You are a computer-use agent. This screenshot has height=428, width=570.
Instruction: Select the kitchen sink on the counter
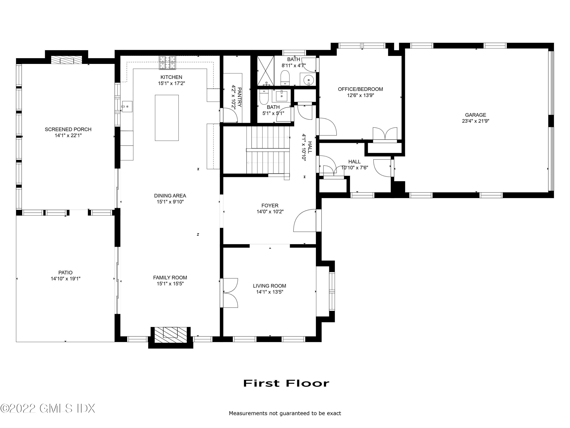click(x=127, y=107)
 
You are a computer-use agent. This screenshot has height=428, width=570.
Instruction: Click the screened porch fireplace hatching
click(x=66, y=60)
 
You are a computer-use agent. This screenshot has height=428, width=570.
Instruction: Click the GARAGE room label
click(x=475, y=115)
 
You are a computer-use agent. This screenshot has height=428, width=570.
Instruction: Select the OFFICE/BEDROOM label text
click(x=360, y=89)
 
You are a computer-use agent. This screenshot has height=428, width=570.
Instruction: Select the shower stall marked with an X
click(x=266, y=71)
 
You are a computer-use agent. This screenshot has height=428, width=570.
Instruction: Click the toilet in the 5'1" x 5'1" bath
click(x=264, y=97)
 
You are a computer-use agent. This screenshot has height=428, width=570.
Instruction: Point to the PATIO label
click(x=65, y=272)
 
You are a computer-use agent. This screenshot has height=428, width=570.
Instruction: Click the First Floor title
click(x=286, y=383)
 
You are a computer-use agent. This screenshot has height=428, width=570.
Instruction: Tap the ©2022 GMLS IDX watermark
click(x=48, y=408)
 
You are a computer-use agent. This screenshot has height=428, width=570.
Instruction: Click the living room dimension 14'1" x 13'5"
click(x=270, y=292)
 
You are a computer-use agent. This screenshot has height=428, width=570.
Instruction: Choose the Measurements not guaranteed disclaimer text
click(x=285, y=413)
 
